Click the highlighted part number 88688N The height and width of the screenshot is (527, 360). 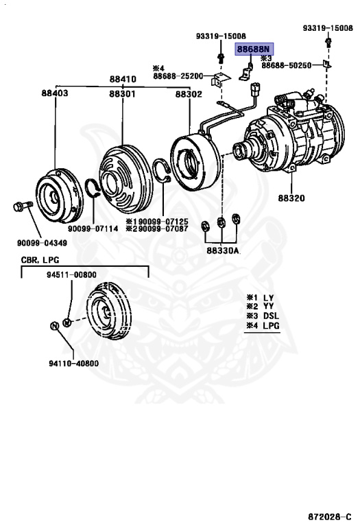click(254, 49)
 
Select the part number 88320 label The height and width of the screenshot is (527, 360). click(291, 197)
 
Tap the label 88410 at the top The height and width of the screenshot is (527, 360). click(121, 80)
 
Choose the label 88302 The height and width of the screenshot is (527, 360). click(188, 93)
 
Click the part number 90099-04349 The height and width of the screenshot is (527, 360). click(43, 242)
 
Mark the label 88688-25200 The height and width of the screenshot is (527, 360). click(178, 75)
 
